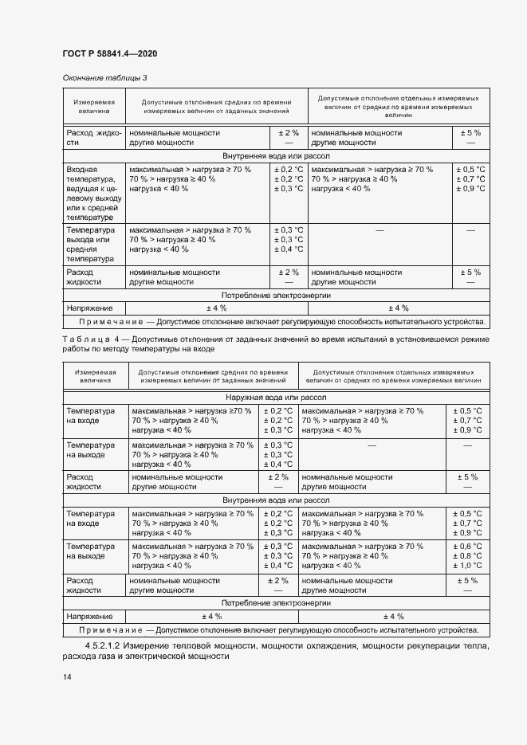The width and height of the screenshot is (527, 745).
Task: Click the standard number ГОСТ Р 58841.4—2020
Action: click(109, 53)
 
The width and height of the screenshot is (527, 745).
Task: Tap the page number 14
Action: click(67, 676)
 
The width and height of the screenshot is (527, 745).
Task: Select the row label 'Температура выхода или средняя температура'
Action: click(91, 244)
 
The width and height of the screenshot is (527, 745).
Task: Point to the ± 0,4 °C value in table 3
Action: click(288, 249)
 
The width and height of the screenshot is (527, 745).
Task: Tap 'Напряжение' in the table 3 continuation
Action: click(88, 308)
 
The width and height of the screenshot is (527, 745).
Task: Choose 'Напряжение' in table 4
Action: click(88, 616)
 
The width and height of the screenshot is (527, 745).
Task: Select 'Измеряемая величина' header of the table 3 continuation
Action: click(94, 108)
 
